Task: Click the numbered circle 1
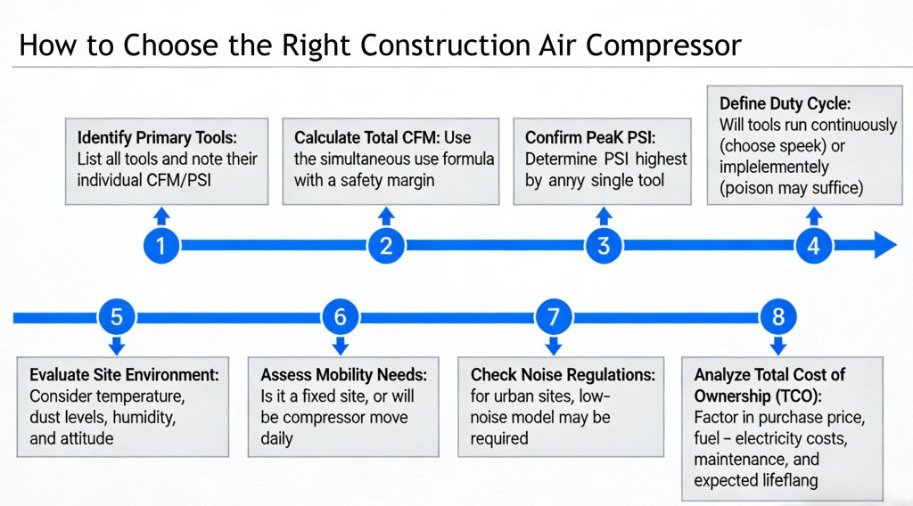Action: (160, 246)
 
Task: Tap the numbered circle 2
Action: (386, 246)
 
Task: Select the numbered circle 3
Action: (604, 246)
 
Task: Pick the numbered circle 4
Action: (813, 246)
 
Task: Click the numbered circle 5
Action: (116, 316)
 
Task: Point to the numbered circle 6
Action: (340, 316)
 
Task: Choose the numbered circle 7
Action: (554, 316)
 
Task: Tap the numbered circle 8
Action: (778, 316)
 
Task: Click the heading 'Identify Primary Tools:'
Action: (156, 138)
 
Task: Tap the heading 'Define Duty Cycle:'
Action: (786, 104)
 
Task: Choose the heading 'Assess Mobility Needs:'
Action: (343, 374)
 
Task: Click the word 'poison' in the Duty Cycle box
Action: (753, 187)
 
